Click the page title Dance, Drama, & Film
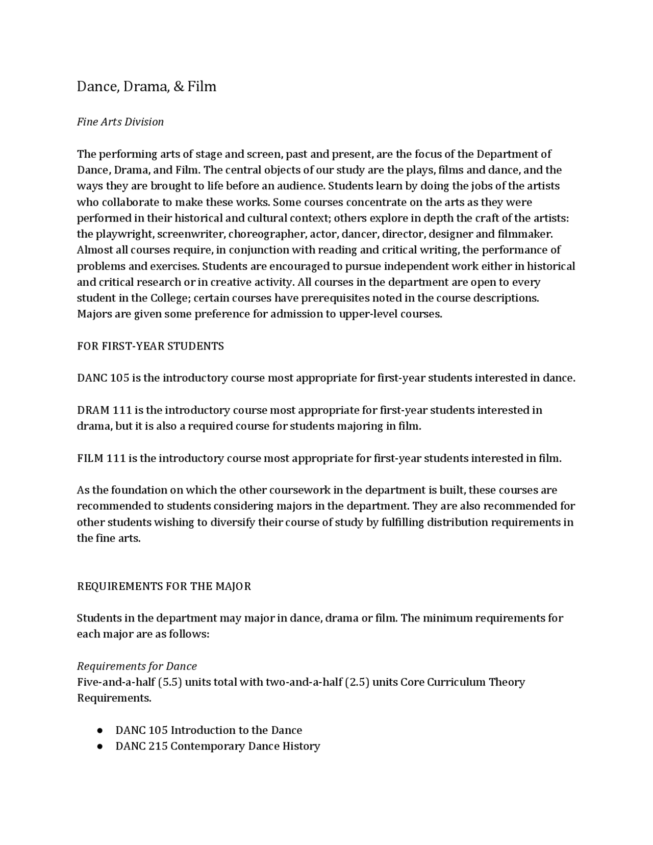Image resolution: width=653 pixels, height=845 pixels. point(146,87)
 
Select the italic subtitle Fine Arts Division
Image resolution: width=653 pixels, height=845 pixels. point(120,122)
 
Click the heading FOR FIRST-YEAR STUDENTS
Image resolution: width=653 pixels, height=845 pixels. point(150,346)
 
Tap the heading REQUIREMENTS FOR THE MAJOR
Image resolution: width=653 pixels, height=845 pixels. point(164,586)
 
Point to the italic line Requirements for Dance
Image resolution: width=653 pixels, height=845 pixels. point(137,666)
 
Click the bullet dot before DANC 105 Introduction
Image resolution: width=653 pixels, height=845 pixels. point(100,731)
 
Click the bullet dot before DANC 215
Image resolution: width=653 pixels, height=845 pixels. point(100,747)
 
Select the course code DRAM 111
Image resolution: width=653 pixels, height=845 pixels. point(104,410)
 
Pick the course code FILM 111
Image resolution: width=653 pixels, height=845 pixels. point(101,458)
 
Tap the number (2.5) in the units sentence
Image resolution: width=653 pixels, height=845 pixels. point(357,682)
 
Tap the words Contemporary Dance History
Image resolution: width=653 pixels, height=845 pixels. point(245,747)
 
